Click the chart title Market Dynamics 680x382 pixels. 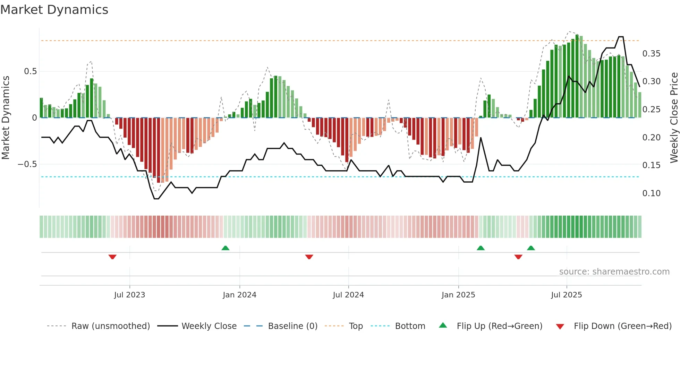pos(54,10)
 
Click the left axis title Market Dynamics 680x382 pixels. pos(6,118)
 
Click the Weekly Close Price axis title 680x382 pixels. pos(674,118)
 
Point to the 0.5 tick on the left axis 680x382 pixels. pos(30,71)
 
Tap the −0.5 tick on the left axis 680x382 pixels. pos(27,164)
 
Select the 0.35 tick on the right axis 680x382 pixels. pos(651,54)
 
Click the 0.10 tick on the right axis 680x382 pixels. pos(651,193)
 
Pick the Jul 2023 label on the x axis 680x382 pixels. pos(129,295)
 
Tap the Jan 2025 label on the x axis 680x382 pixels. pos(458,295)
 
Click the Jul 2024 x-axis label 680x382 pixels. pos(348,295)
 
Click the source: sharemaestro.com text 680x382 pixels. pos(614,272)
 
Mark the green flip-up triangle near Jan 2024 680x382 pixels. pos(226,248)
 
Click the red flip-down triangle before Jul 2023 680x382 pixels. pos(112,257)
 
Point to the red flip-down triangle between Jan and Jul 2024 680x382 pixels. pos(309,257)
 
